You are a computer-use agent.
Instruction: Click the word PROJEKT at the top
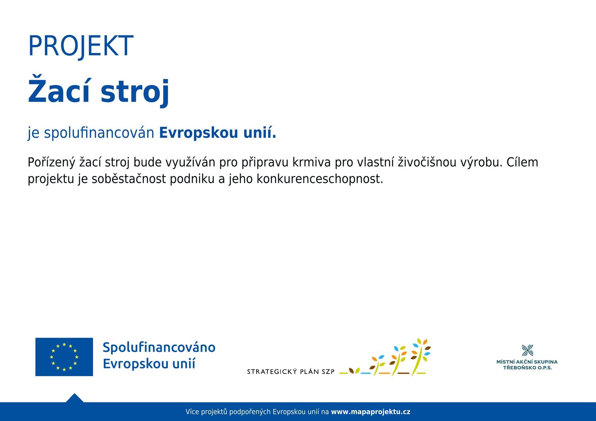[81, 46]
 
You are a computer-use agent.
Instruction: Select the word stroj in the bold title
[135, 93]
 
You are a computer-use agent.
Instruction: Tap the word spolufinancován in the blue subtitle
[99, 133]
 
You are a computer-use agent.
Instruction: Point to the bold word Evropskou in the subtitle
[199, 133]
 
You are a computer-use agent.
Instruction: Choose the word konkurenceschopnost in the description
[320, 179]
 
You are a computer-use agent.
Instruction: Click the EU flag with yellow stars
[64, 357]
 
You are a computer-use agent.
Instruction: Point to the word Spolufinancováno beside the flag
[159, 348]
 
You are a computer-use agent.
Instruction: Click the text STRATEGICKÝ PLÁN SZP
[291, 371]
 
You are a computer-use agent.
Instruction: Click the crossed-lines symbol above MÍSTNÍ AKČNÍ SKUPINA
[528, 350]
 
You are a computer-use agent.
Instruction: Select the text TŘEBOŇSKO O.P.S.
[528, 368]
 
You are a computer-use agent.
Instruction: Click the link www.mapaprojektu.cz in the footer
[370, 412]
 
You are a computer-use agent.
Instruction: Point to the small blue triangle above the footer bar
[75, 398]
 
